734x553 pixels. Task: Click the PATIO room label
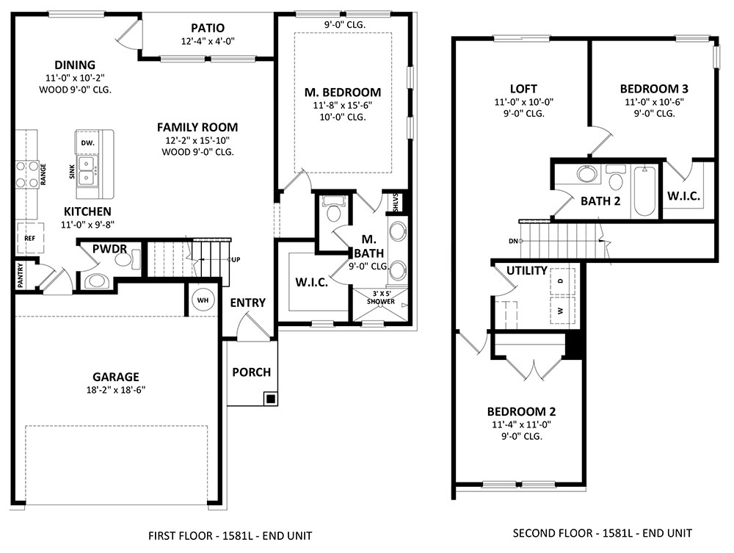tap(208, 28)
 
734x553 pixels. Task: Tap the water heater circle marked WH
tap(203, 300)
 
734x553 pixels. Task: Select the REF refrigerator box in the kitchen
tap(30, 238)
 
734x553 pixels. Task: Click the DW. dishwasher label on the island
tap(88, 142)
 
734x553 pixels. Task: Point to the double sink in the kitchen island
tap(87, 171)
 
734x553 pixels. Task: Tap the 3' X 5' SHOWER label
tap(380, 297)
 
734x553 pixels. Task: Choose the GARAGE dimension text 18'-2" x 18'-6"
tap(116, 389)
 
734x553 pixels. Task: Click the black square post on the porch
tap(270, 399)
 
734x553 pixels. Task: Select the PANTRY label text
tap(20, 275)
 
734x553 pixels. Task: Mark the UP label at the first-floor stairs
tap(236, 259)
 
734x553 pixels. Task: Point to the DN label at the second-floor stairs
tap(514, 241)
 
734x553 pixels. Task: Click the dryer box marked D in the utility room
tap(562, 281)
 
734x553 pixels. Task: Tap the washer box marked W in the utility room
tap(562, 311)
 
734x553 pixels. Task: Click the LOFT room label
tap(523, 89)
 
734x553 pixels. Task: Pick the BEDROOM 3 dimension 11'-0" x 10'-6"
tap(654, 101)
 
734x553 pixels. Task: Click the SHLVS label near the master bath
tap(396, 202)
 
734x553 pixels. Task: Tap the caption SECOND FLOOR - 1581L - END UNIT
tap(602, 533)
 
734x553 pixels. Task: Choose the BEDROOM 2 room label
tap(521, 411)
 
